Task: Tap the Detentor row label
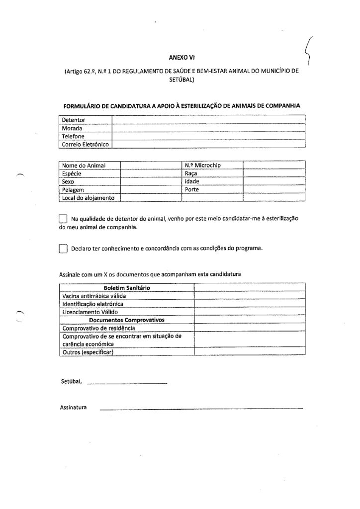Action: click(74, 120)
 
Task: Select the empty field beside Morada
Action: click(208, 128)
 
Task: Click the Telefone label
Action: click(73, 136)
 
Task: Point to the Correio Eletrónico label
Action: click(86, 144)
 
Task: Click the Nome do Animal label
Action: click(84, 165)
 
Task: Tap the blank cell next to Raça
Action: click(273, 173)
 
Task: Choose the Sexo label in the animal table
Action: click(68, 181)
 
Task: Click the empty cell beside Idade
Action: click(273, 181)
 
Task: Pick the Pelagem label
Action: click(73, 190)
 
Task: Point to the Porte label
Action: click(192, 190)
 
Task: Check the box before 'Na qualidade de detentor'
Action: click(63, 219)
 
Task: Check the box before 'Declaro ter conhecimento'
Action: click(63, 249)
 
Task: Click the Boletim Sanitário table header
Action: click(127, 288)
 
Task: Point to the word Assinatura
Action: click(74, 408)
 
